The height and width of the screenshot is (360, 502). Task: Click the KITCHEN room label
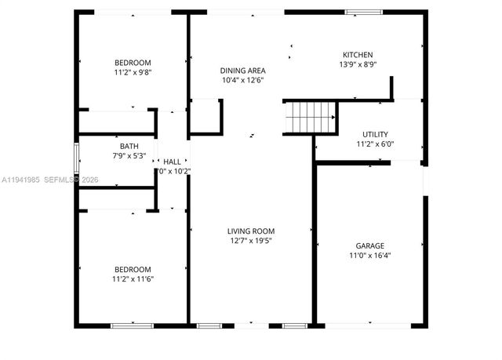351,55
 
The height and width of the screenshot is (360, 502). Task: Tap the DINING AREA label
242,70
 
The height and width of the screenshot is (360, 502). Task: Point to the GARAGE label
369,245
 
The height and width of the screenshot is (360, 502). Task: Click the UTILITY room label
375,134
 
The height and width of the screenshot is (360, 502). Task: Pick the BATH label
129,146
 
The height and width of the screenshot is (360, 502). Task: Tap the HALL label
172,162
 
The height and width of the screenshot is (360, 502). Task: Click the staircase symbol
311,118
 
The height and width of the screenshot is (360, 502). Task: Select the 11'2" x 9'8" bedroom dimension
133,72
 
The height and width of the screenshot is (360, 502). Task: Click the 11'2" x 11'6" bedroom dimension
133,278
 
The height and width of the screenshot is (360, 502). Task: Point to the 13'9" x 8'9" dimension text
351,64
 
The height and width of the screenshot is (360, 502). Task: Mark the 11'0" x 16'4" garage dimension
369,255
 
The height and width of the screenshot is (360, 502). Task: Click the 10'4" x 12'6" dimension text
242,79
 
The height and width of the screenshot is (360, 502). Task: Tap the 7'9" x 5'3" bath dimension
129,155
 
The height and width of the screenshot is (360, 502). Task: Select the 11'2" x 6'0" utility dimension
375,144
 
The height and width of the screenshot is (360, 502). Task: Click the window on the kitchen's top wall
364,12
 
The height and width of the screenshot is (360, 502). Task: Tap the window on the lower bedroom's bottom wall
131,325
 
